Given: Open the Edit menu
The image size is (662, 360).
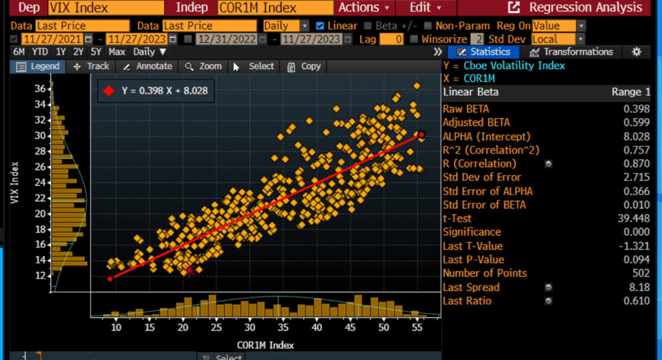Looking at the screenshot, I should [x=425, y=8].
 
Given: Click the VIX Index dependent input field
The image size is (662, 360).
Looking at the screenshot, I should [x=106, y=8].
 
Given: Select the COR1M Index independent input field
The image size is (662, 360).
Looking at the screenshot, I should [x=276, y=8].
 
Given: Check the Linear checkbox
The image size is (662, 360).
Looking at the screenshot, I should [x=320, y=26].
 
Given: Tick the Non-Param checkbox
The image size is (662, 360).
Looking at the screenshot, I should [x=427, y=26].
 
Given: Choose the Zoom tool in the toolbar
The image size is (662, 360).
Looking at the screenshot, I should [x=204, y=66].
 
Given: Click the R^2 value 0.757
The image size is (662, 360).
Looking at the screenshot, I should [x=637, y=150].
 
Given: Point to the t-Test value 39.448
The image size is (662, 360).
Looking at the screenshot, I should [x=634, y=219].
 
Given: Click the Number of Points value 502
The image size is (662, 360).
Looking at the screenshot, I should [x=640, y=273].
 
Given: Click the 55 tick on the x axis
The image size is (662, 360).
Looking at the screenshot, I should [x=416, y=327].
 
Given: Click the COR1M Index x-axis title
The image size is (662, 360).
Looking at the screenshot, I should [x=265, y=345].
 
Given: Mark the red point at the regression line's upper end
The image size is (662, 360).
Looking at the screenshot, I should [x=422, y=135].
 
